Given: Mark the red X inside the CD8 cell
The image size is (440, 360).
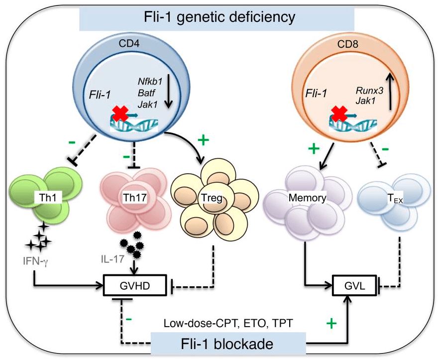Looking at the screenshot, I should [x=338, y=116].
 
